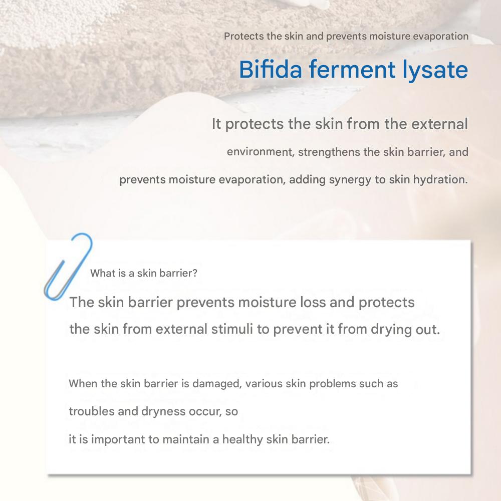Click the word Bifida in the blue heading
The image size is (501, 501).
271,69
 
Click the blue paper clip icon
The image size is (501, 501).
68,267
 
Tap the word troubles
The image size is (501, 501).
92,411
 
